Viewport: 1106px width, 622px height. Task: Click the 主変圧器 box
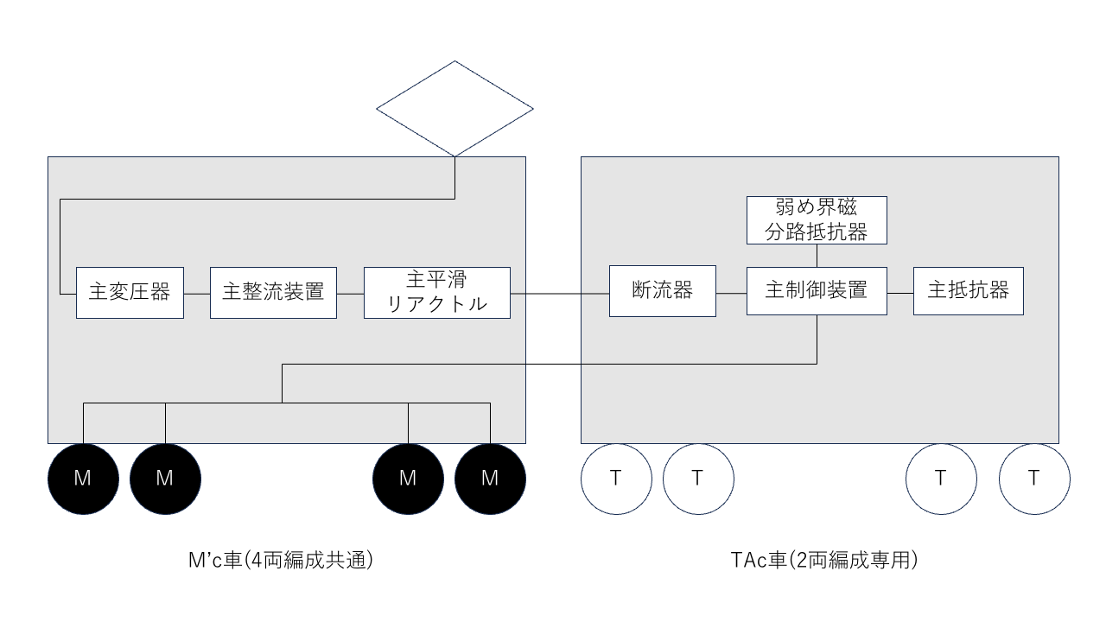pyautogui.click(x=130, y=293)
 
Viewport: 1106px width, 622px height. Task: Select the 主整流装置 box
pyautogui.click(x=274, y=293)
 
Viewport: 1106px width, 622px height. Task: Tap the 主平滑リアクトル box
pyautogui.click(x=437, y=293)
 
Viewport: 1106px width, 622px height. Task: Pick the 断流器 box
pyautogui.click(x=663, y=291)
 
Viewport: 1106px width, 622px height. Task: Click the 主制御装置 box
pyautogui.click(x=817, y=291)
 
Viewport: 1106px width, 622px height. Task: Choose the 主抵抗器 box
pyautogui.click(x=969, y=291)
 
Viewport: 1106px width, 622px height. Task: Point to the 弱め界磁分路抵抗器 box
pyautogui.click(x=817, y=220)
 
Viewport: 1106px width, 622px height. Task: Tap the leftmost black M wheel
pyautogui.click(x=84, y=479)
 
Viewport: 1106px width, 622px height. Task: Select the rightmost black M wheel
pyautogui.click(x=490, y=479)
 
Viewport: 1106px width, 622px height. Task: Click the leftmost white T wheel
pyautogui.click(x=616, y=479)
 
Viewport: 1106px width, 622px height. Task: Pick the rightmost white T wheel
pyautogui.click(x=1034, y=479)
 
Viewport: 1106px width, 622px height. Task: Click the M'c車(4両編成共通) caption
pyautogui.click(x=281, y=561)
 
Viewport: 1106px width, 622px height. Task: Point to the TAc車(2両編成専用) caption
pyautogui.click(x=824, y=561)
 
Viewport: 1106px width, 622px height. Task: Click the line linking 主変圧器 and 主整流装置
pyautogui.click(x=197, y=294)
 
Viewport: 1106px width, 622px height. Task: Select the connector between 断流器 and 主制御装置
pyautogui.click(x=731, y=293)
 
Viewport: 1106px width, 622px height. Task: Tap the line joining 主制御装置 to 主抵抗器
pyautogui.click(x=900, y=293)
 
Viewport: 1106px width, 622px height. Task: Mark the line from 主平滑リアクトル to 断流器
pyautogui.click(x=560, y=294)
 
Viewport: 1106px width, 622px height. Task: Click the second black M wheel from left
pyautogui.click(x=165, y=479)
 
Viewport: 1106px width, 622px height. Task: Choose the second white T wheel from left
pyautogui.click(x=698, y=479)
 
